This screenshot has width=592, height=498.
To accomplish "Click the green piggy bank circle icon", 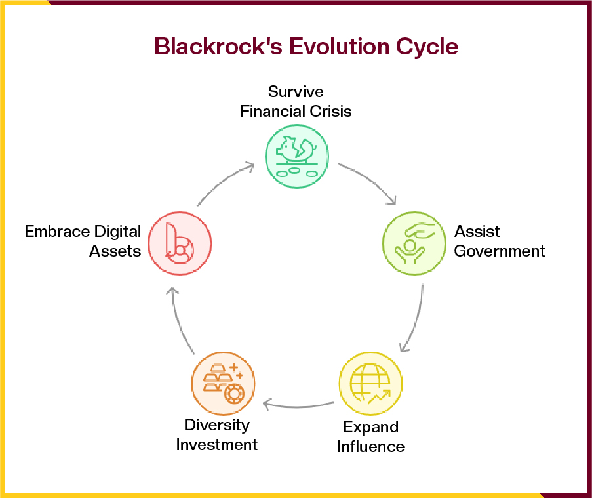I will (296, 156).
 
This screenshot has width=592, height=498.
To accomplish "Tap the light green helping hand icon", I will (414, 242).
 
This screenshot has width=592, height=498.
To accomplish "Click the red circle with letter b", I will (180, 242).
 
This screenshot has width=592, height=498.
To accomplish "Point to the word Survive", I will (296, 91).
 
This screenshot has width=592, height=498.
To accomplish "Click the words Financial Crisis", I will (296, 111).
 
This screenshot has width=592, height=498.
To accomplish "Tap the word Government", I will (500, 251).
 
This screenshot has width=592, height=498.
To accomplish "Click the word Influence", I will (370, 447).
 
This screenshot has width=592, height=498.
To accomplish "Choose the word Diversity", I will (216, 425).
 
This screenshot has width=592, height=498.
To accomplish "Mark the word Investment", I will (216, 444).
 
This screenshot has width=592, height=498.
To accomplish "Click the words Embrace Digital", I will (83, 231).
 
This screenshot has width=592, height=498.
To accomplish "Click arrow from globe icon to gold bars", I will (298, 403).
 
